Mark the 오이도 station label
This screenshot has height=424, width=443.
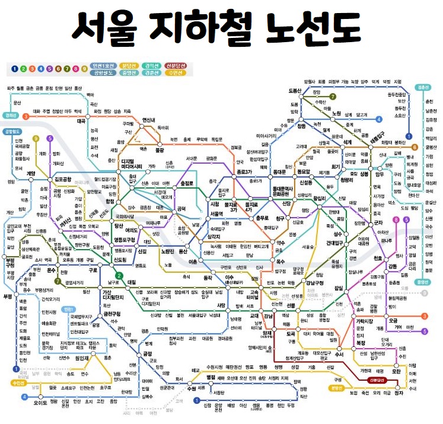[x=40, y=403]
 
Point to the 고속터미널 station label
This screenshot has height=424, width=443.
[x=256, y=295]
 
